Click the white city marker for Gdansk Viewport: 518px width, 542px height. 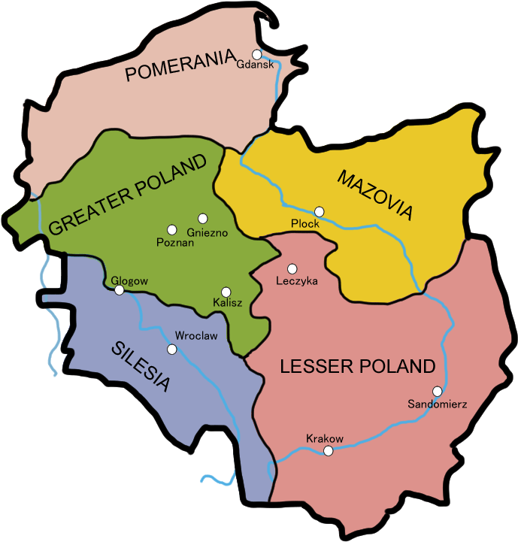[257, 54]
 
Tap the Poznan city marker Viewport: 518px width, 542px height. [172, 229]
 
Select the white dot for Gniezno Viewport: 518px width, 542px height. [202, 218]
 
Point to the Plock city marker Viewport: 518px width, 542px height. [320, 211]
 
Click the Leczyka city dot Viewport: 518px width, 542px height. [292, 268]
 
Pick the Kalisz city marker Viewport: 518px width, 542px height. [226, 292]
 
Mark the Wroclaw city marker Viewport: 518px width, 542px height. [172, 349]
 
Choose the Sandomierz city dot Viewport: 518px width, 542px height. [437, 391]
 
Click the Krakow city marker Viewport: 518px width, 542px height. [328, 451]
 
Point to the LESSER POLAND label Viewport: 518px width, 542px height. [357, 367]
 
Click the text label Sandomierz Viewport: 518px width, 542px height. [438, 404]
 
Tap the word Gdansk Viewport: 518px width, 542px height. [254, 65]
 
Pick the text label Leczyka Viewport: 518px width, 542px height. [298, 281]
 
